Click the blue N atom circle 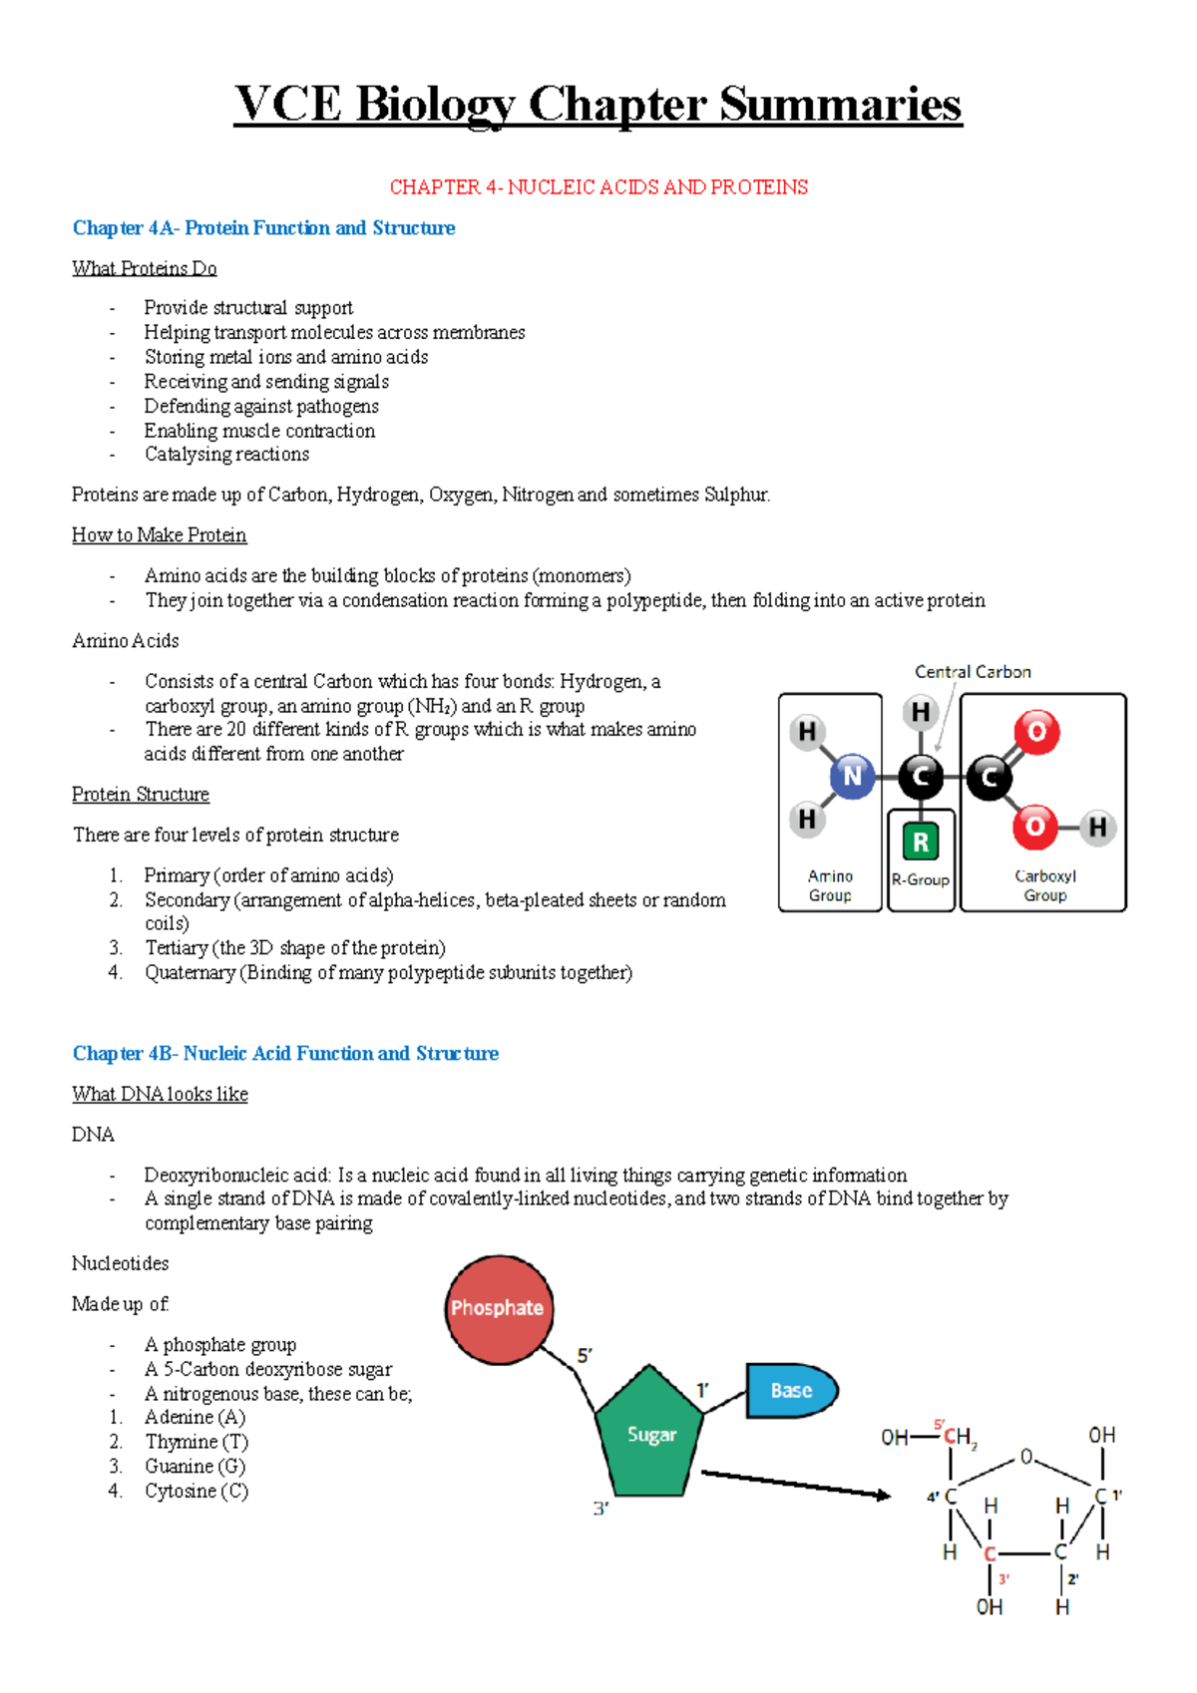(x=852, y=777)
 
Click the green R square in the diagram (x=921, y=842)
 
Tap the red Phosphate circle (x=497, y=1309)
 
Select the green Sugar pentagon (x=650, y=1434)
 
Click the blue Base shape (x=791, y=1390)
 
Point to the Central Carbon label (x=973, y=672)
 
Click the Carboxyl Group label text (x=1044, y=885)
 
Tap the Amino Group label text (x=830, y=885)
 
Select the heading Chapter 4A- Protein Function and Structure (x=263, y=228)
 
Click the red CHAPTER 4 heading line (x=598, y=187)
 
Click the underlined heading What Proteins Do (x=145, y=268)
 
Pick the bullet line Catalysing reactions (x=226, y=455)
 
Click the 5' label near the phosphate (x=585, y=1356)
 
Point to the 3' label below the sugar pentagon (x=600, y=1509)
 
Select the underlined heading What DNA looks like (x=160, y=1094)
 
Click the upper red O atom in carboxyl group (x=1036, y=732)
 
